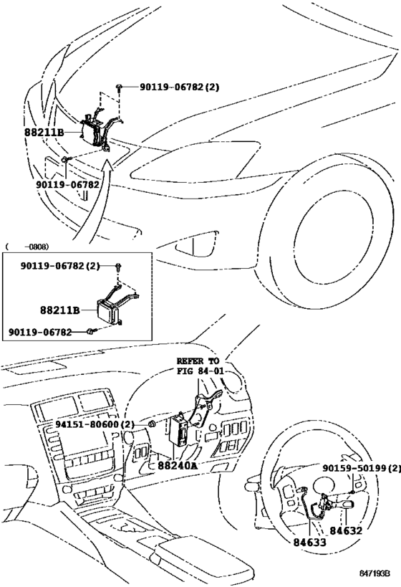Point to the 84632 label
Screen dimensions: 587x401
click(x=347, y=530)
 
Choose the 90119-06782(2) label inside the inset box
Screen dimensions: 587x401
click(x=54, y=266)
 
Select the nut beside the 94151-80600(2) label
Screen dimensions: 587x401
click(x=152, y=425)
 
